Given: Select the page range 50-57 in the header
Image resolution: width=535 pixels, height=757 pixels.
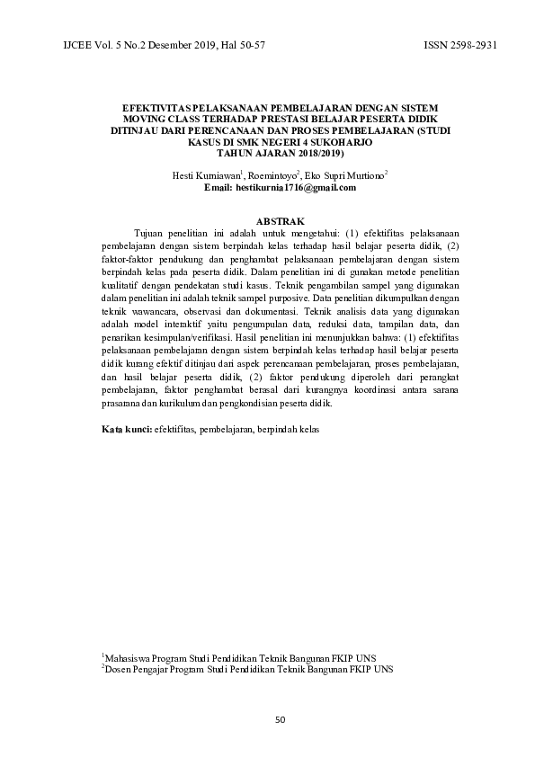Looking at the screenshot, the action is coord(245,44).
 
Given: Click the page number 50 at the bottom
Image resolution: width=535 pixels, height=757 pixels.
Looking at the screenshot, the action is coord(280,719).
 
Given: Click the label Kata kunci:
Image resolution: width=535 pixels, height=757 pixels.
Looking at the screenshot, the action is coord(125,431).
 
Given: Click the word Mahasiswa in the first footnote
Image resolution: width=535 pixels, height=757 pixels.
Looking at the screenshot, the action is coord(128,658).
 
